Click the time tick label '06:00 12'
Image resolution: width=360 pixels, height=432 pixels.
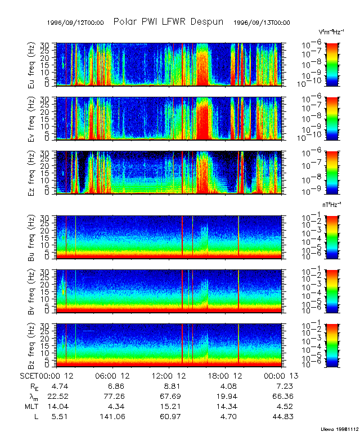point(116,375)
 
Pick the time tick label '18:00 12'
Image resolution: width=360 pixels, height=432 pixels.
point(228,375)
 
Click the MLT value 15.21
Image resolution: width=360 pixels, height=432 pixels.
point(172,406)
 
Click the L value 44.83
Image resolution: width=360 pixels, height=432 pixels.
point(283,416)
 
